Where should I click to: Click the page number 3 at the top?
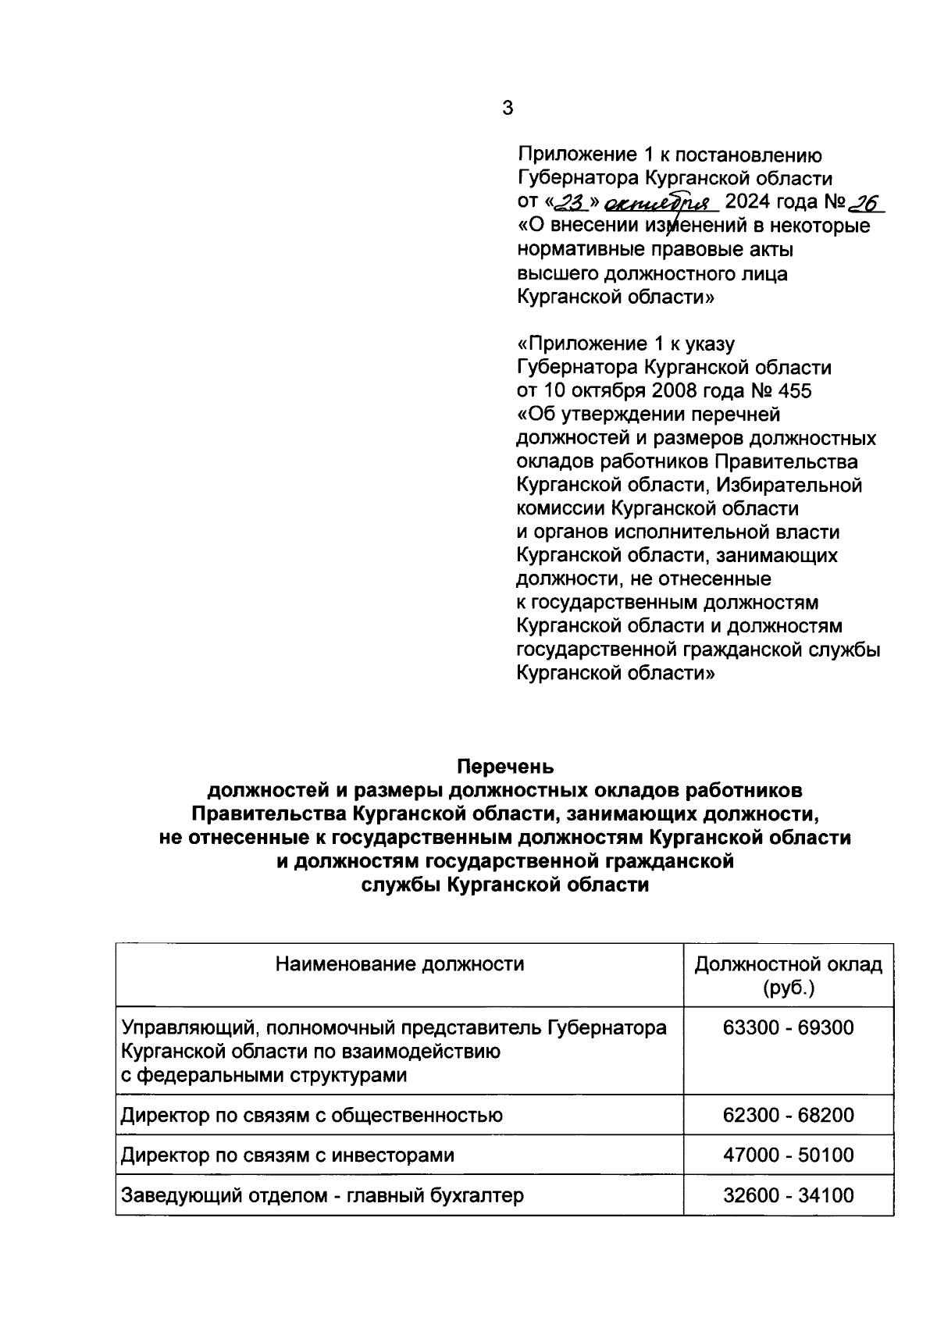[x=508, y=109]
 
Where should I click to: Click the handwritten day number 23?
[x=574, y=204]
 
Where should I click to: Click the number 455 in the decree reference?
[x=795, y=390]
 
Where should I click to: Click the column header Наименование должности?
[x=399, y=964]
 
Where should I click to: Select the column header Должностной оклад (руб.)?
[x=789, y=976]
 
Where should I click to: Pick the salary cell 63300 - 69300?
[x=789, y=1028]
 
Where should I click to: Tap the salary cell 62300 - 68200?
[x=789, y=1115]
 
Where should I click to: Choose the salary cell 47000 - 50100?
[x=789, y=1155]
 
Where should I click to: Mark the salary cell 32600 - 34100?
[x=789, y=1194]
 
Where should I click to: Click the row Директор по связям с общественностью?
[x=311, y=1115]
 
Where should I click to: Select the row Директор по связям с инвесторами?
[x=287, y=1155]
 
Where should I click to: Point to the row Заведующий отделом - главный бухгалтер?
[x=322, y=1194]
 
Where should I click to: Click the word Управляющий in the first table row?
[x=182, y=1028]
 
